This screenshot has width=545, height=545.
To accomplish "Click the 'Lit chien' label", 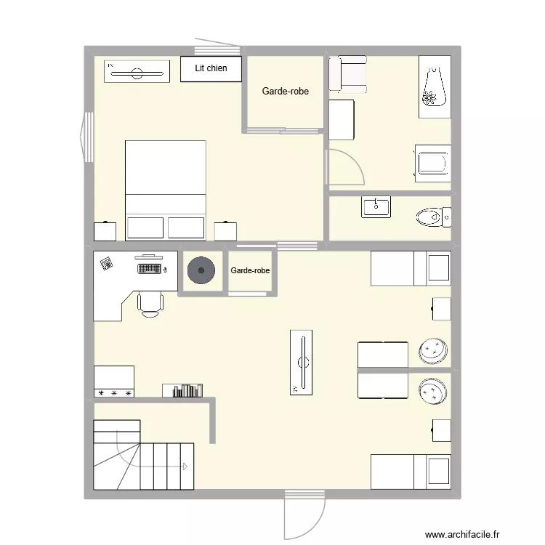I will [x=211, y=68].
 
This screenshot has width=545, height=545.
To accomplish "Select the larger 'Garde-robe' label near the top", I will [x=285, y=92].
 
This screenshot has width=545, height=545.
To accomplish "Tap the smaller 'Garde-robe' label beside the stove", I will [x=250, y=270].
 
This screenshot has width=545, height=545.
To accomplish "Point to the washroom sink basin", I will [x=376, y=206].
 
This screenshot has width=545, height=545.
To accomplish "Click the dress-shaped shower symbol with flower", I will [x=433, y=87].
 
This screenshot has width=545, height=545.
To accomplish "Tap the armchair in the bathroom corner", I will [x=347, y=74].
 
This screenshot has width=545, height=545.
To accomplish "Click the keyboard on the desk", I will [x=149, y=269].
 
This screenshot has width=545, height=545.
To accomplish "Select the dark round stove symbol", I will [x=201, y=271].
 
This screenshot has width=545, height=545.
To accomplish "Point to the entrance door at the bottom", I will [x=304, y=516].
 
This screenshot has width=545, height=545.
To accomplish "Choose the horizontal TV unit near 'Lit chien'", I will [x=137, y=72].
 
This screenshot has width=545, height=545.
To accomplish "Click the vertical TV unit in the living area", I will [x=302, y=362].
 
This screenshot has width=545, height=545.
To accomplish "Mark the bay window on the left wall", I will [x=87, y=137].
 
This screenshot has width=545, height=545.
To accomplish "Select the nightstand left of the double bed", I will [x=105, y=231].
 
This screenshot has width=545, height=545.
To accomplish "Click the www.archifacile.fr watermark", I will [x=462, y=534].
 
